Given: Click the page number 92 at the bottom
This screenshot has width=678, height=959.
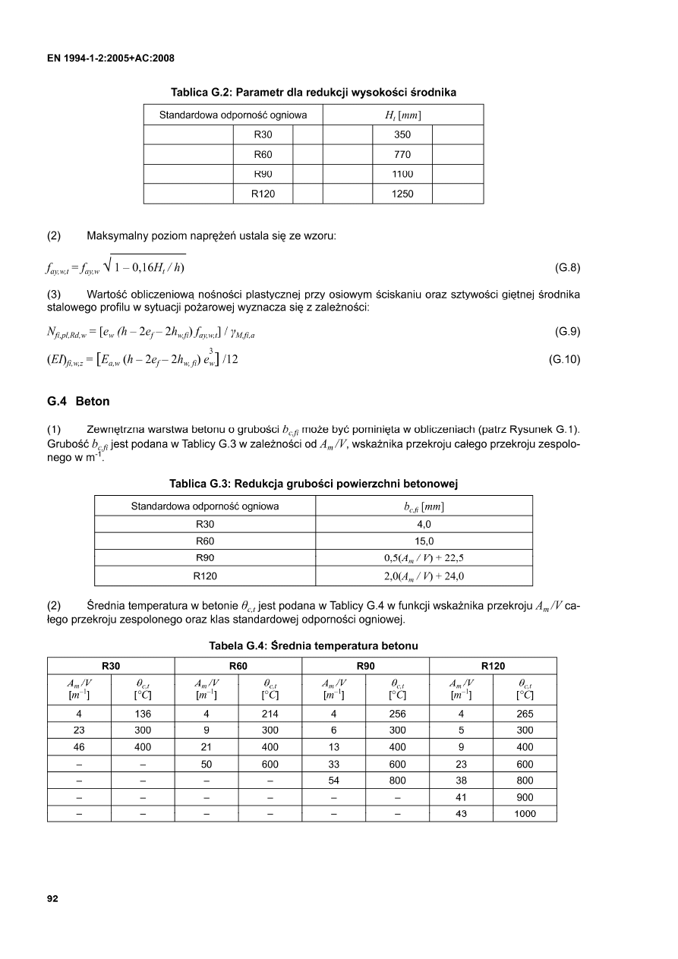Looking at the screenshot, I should [x=52, y=899].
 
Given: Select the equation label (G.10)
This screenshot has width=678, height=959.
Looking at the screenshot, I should [x=564, y=359].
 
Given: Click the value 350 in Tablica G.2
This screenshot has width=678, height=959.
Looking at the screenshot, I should [x=402, y=134].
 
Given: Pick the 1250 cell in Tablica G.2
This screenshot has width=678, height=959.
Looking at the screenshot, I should [x=402, y=194].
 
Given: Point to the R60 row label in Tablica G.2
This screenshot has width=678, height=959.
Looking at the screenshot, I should [x=263, y=154].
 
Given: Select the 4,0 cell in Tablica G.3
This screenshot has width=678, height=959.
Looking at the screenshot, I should [x=424, y=525].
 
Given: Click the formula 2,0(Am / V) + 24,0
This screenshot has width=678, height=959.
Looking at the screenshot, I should [x=424, y=576].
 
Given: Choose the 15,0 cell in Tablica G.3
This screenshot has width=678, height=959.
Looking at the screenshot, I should [x=424, y=541].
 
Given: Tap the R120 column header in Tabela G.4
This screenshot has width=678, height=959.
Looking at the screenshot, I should [x=493, y=666].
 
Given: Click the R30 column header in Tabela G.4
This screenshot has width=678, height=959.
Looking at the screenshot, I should [x=112, y=666].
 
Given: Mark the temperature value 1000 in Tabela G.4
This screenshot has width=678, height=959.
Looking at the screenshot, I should [x=525, y=813].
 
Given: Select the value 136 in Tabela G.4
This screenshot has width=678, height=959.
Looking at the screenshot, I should [x=143, y=714].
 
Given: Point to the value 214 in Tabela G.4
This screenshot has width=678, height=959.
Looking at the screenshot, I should [x=270, y=714].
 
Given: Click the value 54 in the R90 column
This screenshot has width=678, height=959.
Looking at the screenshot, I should [x=334, y=780].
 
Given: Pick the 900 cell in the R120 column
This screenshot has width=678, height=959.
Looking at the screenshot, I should [x=525, y=797].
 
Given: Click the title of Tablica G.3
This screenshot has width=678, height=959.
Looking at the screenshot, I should [x=312, y=484].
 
